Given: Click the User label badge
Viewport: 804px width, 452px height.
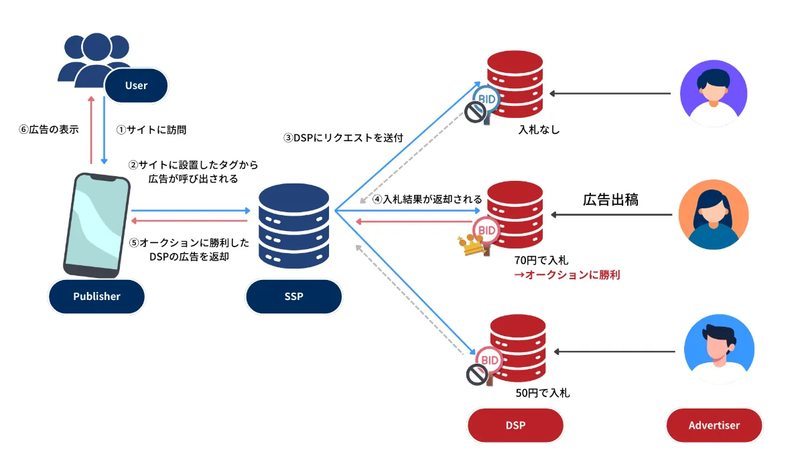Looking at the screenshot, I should (x=136, y=86).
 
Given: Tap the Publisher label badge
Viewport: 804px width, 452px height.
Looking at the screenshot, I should (x=96, y=296).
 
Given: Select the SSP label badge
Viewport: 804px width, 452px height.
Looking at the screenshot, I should (x=293, y=296).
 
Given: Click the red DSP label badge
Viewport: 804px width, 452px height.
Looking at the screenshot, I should (x=515, y=425).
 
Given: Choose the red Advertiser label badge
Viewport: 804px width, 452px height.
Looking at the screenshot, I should (x=714, y=425).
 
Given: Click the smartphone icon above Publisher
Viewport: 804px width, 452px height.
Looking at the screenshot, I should (x=98, y=225).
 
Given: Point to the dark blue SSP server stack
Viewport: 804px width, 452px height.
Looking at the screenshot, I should (x=293, y=224).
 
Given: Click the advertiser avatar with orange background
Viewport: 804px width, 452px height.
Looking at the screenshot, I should (x=713, y=214).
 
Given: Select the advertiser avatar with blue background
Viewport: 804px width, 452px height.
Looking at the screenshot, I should (x=718, y=350).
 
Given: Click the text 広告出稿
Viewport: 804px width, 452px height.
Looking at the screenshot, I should (x=610, y=199).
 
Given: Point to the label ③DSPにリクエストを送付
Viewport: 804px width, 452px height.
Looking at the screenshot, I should (x=342, y=139).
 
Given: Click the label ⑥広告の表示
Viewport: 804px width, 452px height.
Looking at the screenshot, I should (x=48, y=129).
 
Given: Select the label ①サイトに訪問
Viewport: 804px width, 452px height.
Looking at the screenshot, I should (x=151, y=129).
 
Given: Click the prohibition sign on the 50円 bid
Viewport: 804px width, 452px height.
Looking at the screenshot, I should (x=476, y=376).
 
